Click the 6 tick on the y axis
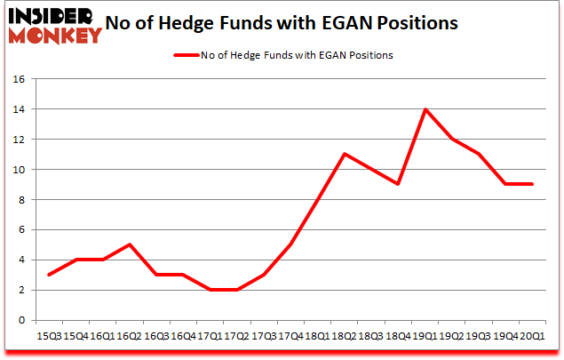tap(20, 230)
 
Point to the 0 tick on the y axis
tap(20, 321)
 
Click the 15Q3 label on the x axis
tap(49, 337)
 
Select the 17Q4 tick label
tap(290, 337)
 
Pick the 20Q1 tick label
tap(532, 337)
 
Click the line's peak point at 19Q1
tap(425, 109)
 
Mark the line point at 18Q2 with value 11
tap(345, 155)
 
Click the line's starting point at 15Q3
tap(49, 276)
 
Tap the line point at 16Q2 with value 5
tap(130, 245)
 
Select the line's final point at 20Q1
tap(532, 185)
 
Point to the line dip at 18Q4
tap(398, 185)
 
